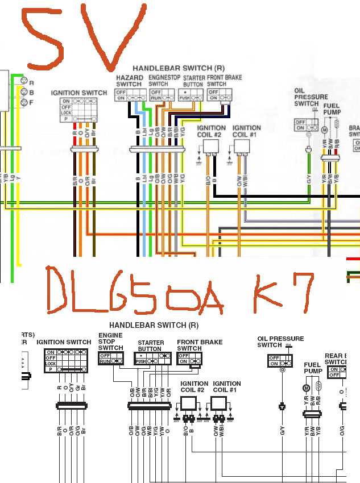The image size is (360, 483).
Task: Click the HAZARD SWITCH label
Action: pos(129,81)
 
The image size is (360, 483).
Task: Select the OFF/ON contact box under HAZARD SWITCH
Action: pos(129,94)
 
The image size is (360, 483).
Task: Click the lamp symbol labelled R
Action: pos(24,82)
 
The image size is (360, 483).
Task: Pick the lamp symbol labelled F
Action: pos(24,102)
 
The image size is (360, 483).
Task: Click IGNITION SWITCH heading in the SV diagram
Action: pos(78,93)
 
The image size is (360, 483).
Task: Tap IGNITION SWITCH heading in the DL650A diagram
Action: pos(64,342)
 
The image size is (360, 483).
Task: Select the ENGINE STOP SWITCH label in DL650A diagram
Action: pos(110,342)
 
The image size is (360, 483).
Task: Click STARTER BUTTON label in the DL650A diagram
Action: pos(151,346)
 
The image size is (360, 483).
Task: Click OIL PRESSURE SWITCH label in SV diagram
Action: pos(307,97)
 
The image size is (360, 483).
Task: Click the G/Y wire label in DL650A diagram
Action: pos(282,431)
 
